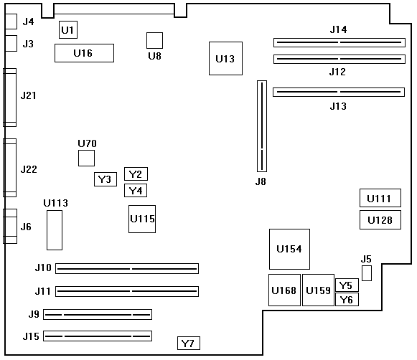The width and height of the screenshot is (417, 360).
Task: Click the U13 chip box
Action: tap(225, 59)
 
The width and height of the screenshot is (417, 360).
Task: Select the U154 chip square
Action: tap(289, 249)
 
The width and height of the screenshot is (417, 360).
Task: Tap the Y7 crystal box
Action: tap(189, 343)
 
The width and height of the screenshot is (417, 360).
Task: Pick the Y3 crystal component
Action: tap(106, 179)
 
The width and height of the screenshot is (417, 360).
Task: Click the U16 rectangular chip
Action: tap(84, 53)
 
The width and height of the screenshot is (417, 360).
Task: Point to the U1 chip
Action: tap(68, 29)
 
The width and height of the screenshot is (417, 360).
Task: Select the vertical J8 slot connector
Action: tap(262, 126)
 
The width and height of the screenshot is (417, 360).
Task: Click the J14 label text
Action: tap(338, 29)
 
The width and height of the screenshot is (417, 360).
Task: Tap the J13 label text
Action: tap(338, 106)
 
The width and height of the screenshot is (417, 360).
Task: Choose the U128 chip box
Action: tap(380, 219)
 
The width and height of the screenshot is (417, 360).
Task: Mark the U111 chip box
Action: tap(380, 198)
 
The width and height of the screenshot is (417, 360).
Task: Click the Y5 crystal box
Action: tap(347, 285)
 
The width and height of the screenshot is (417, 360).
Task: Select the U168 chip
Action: tap(284, 290)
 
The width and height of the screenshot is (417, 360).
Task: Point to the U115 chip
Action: tap(142, 219)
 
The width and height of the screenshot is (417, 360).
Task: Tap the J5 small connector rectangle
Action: tap(367, 273)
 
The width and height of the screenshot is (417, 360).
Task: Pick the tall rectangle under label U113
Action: tap(55, 230)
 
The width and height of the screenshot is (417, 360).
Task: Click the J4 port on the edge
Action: tap(11, 22)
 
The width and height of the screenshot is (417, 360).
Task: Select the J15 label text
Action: tap(31, 336)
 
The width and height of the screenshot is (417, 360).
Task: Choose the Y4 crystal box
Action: tap(136, 191)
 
